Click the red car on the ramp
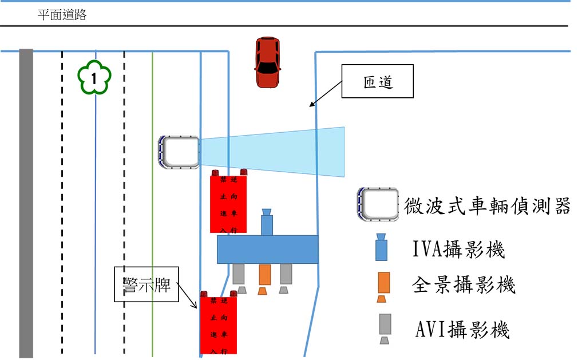[x=267, y=62]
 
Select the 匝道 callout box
[x=378, y=82]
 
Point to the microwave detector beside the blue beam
[x=179, y=152]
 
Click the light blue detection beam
[x=275, y=152]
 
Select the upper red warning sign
[x=228, y=203]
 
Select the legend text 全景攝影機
[x=464, y=285]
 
